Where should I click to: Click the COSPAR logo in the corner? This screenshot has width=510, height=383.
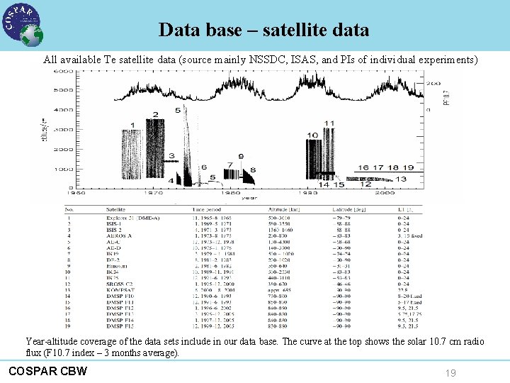pyautogui.click(x=21, y=24)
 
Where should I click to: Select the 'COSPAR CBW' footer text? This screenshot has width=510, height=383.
pyautogui.click(x=47, y=370)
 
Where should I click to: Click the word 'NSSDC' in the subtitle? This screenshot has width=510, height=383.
pyautogui.click(x=266, y=60)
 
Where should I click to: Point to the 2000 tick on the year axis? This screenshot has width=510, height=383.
pyautogui.click(x=385, y=192)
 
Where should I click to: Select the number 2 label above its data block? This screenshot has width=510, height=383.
pyautogui.click(x=156, y=115)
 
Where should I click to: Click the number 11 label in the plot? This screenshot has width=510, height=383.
pyautogui.click(x=329, y=123)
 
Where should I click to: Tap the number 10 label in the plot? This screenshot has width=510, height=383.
pyautogui.click(x=312, y=135)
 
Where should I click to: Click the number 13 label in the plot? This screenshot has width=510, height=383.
pyautogui.click(x=401, y=179)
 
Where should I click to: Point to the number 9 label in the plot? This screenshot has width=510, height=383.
pyautogui.click(x=241, y=156)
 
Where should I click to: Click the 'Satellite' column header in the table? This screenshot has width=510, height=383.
pyautogui.click(x=118, y=209)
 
